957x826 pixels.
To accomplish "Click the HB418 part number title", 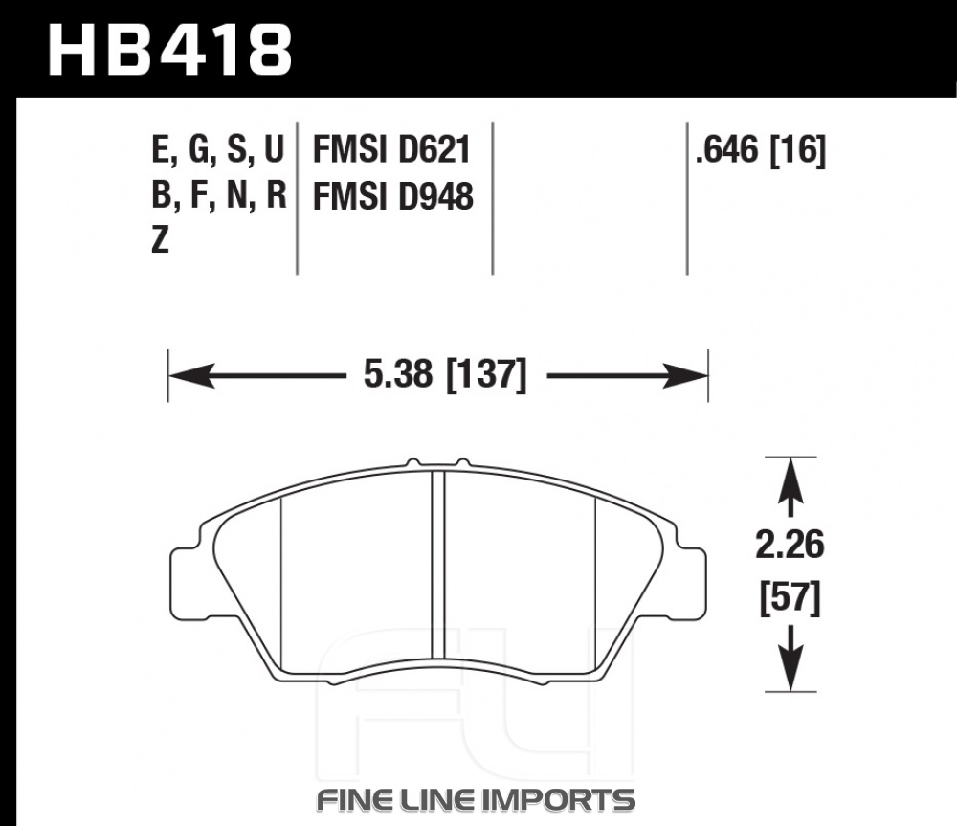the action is [x=170, y=50].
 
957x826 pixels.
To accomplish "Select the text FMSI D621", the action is [x=391, y=149].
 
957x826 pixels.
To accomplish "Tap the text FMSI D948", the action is [x=393, y=196].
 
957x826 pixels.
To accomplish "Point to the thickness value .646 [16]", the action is [x=761, y=149].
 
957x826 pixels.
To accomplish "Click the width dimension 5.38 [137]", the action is [x=445, y=374].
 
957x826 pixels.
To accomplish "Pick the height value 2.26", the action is [x=790, y=545].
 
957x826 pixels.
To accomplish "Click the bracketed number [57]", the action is [x=790, y=598].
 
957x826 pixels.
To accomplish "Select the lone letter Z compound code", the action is [x=160, y=240].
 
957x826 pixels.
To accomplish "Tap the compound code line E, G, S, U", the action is [x=218, y=149].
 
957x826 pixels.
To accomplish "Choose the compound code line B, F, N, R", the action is [x=219, y=196].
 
